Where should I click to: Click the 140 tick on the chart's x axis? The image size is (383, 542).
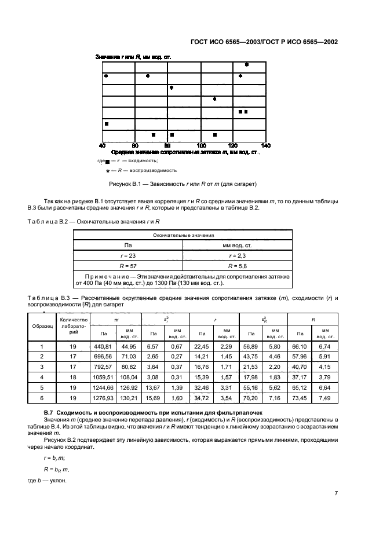[x=266, y=145]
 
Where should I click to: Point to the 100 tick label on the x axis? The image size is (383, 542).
[x=201, y=145]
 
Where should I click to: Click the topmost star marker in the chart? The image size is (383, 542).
[x=247, y=65]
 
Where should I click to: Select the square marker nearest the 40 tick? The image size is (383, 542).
[x=107, y=123]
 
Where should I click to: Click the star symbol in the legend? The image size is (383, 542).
[x=108, y=171]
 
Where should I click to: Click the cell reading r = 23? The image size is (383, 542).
[x=128, y=255]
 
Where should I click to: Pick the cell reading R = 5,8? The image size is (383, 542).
[x=238, y=265]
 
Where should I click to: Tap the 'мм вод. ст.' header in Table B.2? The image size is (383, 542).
[x=238, y=245]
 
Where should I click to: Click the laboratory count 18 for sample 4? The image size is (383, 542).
[x=72, y=378]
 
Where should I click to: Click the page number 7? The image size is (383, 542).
[x=336, y=493]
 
